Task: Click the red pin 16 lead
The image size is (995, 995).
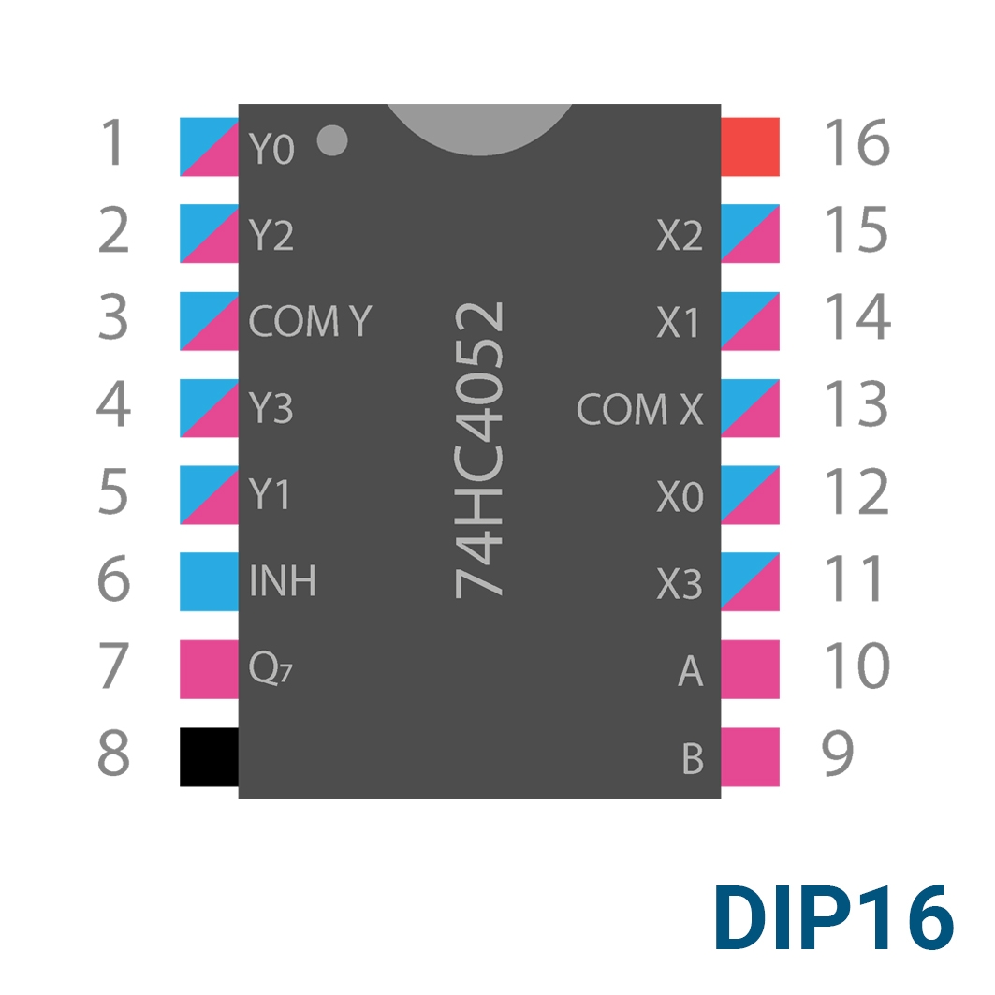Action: (750, 147)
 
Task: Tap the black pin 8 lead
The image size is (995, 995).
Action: (210, 757)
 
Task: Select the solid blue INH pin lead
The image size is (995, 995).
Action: (210, 582)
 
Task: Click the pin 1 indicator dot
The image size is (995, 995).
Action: (332, 140)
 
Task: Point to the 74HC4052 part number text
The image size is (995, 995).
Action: (480, 449)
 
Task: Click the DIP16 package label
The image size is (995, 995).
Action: (834, 917)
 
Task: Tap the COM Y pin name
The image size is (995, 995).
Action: (310, 321)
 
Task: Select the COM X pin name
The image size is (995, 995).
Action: (639, 409)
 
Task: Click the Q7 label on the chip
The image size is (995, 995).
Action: (271, 668)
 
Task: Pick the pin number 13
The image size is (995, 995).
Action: (856, 403)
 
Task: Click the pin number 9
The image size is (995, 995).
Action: (838, 754)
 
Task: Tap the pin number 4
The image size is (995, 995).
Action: (113, 403)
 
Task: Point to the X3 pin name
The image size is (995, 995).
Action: (680, 584)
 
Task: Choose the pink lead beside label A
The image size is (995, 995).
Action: (750, 669)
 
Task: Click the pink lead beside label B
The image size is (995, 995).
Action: (750, 757)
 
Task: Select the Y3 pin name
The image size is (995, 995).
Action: (271, 408)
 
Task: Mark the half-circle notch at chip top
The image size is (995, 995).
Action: (480, 129)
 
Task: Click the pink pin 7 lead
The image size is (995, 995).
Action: (210, 669)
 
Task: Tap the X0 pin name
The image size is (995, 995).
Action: (680, 496)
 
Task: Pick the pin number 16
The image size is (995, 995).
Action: (857, 142)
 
